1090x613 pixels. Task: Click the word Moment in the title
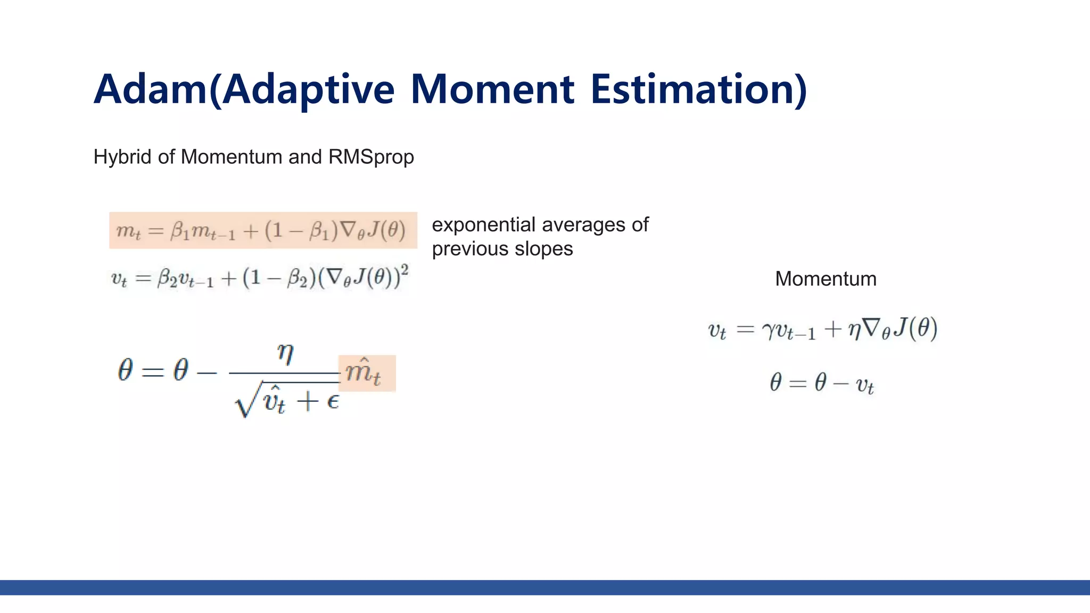point(492,89)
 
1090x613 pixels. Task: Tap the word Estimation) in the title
point(699,89)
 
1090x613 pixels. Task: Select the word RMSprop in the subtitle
point(371,157)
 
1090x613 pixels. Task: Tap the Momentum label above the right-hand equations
point(825,279)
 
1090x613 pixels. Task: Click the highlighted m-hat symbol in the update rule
point(364,372)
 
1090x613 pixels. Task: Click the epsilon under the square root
point(333,402)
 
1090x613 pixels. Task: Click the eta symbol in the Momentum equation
point(854,330)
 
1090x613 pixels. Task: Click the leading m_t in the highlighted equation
point(128,231)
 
